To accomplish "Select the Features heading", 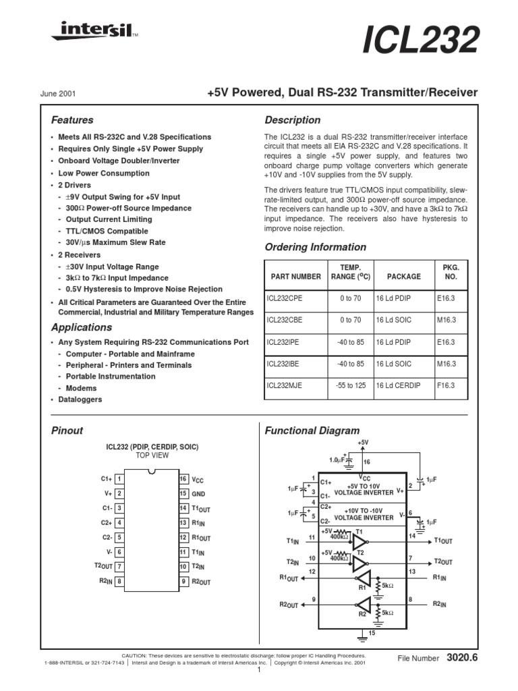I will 72,120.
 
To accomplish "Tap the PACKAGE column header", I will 404,276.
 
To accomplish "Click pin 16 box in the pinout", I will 183,478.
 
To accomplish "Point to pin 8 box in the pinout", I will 119,581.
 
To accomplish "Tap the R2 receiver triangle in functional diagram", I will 364,605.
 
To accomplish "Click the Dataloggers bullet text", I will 80,399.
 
